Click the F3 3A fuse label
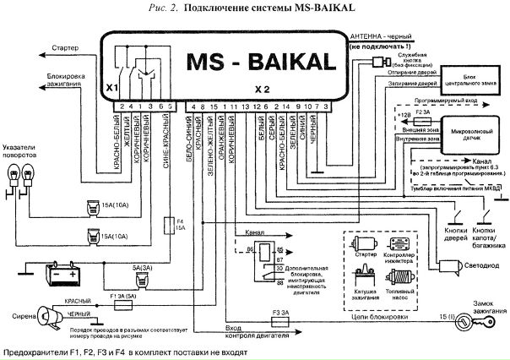click(280, 313)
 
